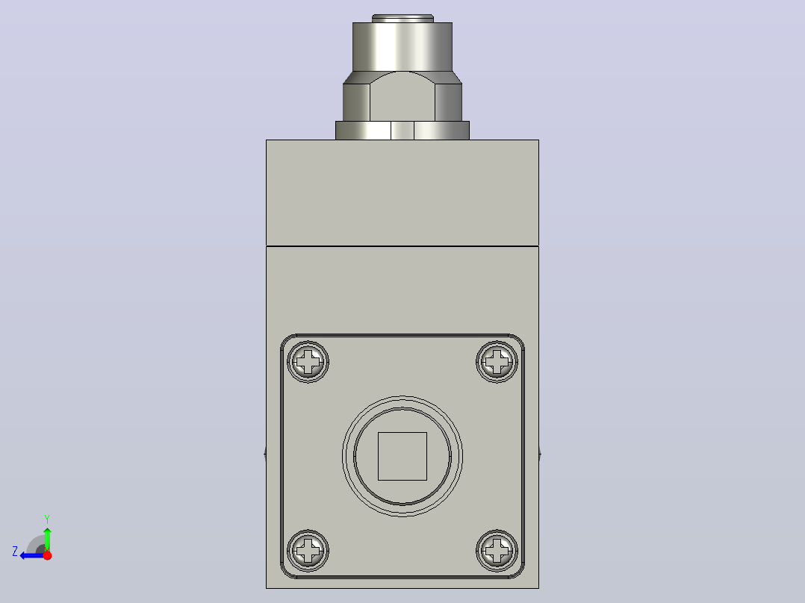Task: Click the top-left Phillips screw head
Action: coord(308,362)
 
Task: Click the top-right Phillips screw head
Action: coord(497,362)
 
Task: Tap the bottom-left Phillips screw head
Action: coord(308,551)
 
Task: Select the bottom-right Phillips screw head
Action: coord(497,551)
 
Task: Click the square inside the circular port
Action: coord(402,456)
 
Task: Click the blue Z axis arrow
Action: coord(32,555)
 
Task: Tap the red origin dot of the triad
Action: coord(47,555)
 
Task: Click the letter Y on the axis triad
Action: coord(47,519)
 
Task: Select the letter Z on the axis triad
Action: coord(15,552)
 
